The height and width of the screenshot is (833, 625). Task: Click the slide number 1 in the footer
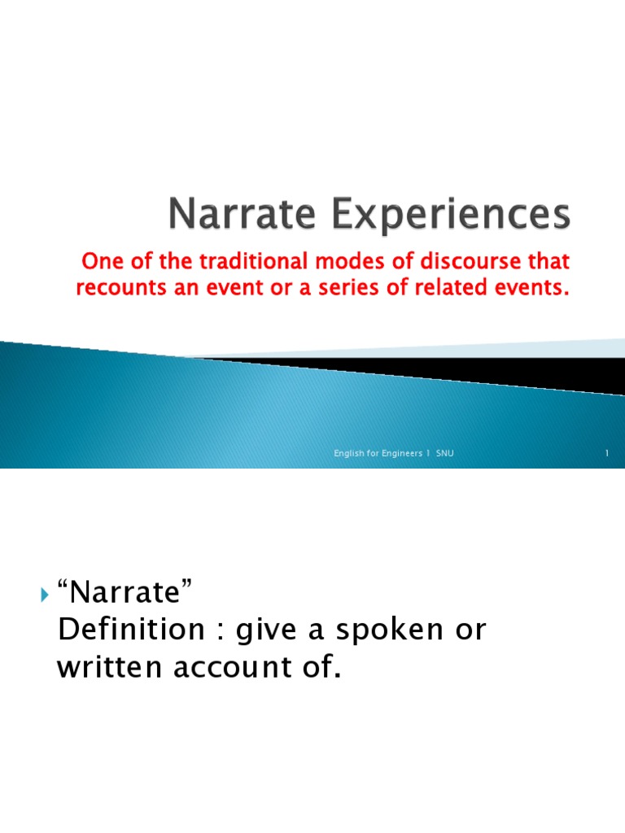coord(607,453)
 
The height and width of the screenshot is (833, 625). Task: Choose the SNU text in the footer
coord(444,453)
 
